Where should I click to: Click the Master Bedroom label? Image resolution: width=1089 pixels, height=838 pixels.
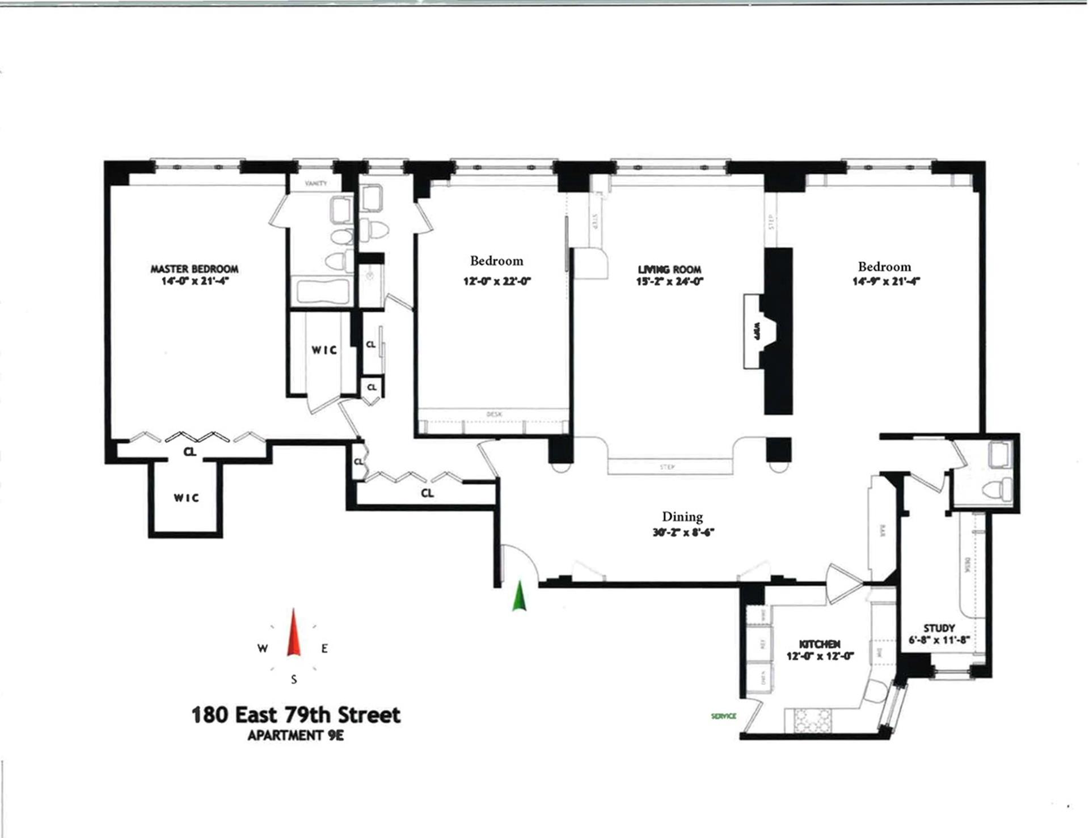click(x=194, y=269)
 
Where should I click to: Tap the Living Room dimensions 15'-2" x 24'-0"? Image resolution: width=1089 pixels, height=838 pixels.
click(x=669, y=281)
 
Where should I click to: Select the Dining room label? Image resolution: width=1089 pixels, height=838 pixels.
click(x=682, y=517)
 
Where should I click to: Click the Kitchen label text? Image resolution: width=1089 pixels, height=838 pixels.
click(x=820, y=644)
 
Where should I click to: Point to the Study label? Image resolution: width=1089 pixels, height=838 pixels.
click(x=939, y=628)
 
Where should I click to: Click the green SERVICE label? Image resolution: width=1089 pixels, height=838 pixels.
click(x=723, y=716)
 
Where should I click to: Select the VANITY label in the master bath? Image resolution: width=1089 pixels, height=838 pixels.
click(x=315, y=183)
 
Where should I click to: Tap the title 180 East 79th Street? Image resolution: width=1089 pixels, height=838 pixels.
click(x=296, y=715)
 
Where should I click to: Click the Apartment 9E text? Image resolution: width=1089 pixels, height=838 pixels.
click(x=296, y=736)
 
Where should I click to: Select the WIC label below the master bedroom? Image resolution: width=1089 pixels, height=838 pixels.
click(x=186, y=498)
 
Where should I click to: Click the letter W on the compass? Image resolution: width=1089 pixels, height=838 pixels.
click(x=263, y=649)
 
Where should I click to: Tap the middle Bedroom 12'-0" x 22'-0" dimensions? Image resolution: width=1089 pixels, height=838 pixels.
click(x=497, y=281)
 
